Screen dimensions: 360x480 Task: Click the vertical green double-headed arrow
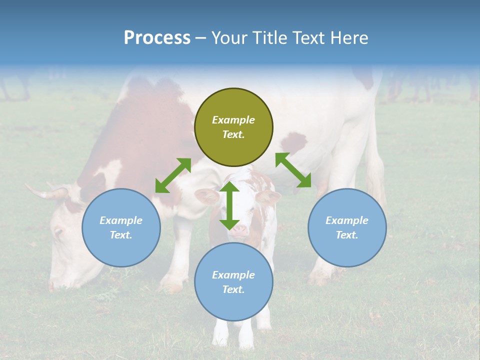click(x=229, y=205)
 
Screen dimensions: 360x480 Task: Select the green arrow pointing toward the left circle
click(x=173, y=175)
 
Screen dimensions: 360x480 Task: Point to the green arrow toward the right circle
click(x=293, y=170)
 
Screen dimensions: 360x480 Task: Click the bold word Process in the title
click(x=157, y=37)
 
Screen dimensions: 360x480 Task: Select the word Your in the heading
click(x=229, y=37)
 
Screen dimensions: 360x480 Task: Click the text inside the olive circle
click(x=233, y=127)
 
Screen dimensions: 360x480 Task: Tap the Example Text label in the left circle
click(x=121, y=227)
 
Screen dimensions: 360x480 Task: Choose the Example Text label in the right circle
click(x=347, y=227)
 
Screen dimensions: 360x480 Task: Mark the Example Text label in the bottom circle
click(x=233, y=282)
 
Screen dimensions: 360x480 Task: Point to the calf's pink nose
click(x=239, y=230)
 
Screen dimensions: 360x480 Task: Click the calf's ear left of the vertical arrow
click(x=206, y=196)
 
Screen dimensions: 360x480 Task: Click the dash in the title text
click(x=201, y=38)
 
